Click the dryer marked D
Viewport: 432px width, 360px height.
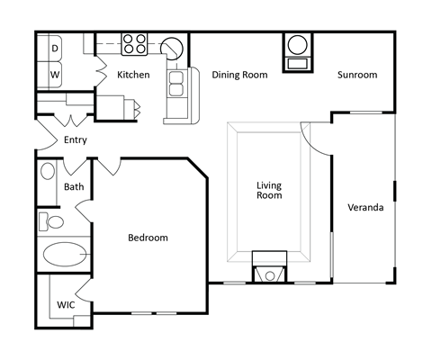click(54, 48)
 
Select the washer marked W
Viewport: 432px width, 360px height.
click(54, 74)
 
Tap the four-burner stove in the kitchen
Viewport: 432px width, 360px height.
click(135, 42)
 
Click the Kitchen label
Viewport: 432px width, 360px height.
click(133, 75)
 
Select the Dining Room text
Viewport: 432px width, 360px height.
click(239, 75)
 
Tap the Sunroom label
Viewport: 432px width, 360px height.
click(357, 75)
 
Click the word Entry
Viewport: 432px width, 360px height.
click(76, 139)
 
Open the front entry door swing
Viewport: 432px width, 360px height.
click(45, 135)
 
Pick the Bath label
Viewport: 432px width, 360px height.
click(74, 187)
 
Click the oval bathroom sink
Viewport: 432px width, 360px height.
click(47, 171)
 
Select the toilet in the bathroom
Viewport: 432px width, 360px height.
click(52, 220)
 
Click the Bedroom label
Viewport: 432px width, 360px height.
click(148, 238)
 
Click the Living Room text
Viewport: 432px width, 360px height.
click(269, 190)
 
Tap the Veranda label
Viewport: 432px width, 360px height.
click(365, 208)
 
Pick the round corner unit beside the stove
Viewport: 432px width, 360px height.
click(171, 48)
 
